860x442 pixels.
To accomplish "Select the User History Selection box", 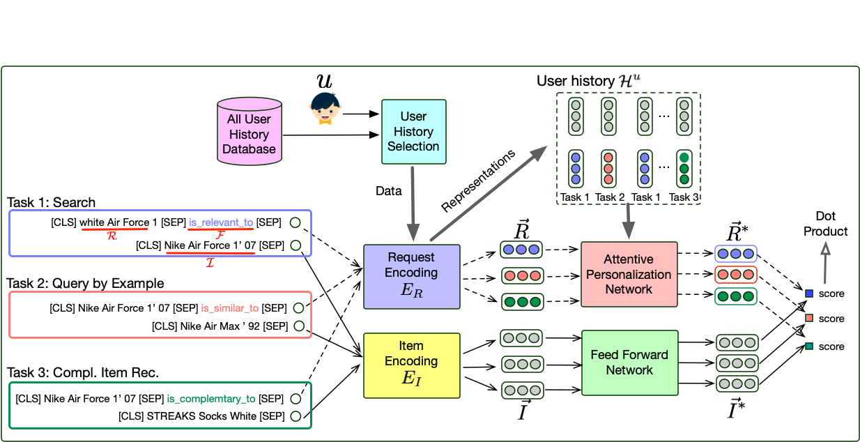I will click(x=413, y=132).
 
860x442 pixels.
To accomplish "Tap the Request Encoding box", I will click(x=412, y=276).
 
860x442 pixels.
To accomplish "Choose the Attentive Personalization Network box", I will click(x=629, y=274).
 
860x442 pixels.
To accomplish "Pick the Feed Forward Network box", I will click(x=629, y=363).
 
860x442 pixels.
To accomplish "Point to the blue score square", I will click(x=808, y=294).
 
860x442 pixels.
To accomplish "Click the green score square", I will click(x=808, y=346).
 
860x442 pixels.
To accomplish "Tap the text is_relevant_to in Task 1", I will click(x=220, y=222).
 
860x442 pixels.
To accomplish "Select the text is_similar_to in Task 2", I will click(x=229, y=307).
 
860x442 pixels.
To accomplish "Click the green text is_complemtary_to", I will click(x=210, y=399).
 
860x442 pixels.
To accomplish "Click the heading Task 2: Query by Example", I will click(x=85, y=284).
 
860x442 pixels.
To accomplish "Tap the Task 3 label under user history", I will click(x=683, y=197).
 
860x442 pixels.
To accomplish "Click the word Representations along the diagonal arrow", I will click(x=479, y=181).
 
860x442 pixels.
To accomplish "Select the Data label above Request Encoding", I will click(x=388, y=190).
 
